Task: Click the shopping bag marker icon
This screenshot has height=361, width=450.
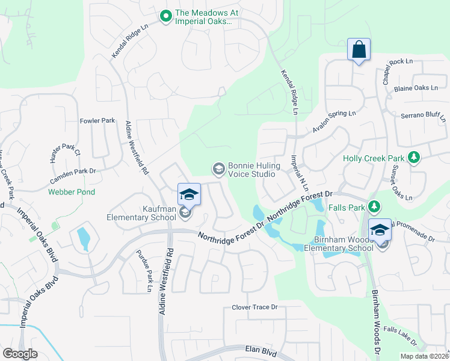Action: pos(359,50)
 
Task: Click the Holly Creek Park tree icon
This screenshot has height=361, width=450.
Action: pos(413,158)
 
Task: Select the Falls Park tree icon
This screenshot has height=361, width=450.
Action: pos(374,207)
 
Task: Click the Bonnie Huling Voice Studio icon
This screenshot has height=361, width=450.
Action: pos(218,168)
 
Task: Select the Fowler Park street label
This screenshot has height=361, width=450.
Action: pos(97,121)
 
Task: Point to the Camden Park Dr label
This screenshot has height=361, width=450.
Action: pos(73,171)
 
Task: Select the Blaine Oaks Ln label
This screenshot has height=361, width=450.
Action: pos(416,88)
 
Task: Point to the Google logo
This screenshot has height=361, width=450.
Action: pos(20,354)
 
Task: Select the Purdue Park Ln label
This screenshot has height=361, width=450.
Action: pos(143,271)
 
